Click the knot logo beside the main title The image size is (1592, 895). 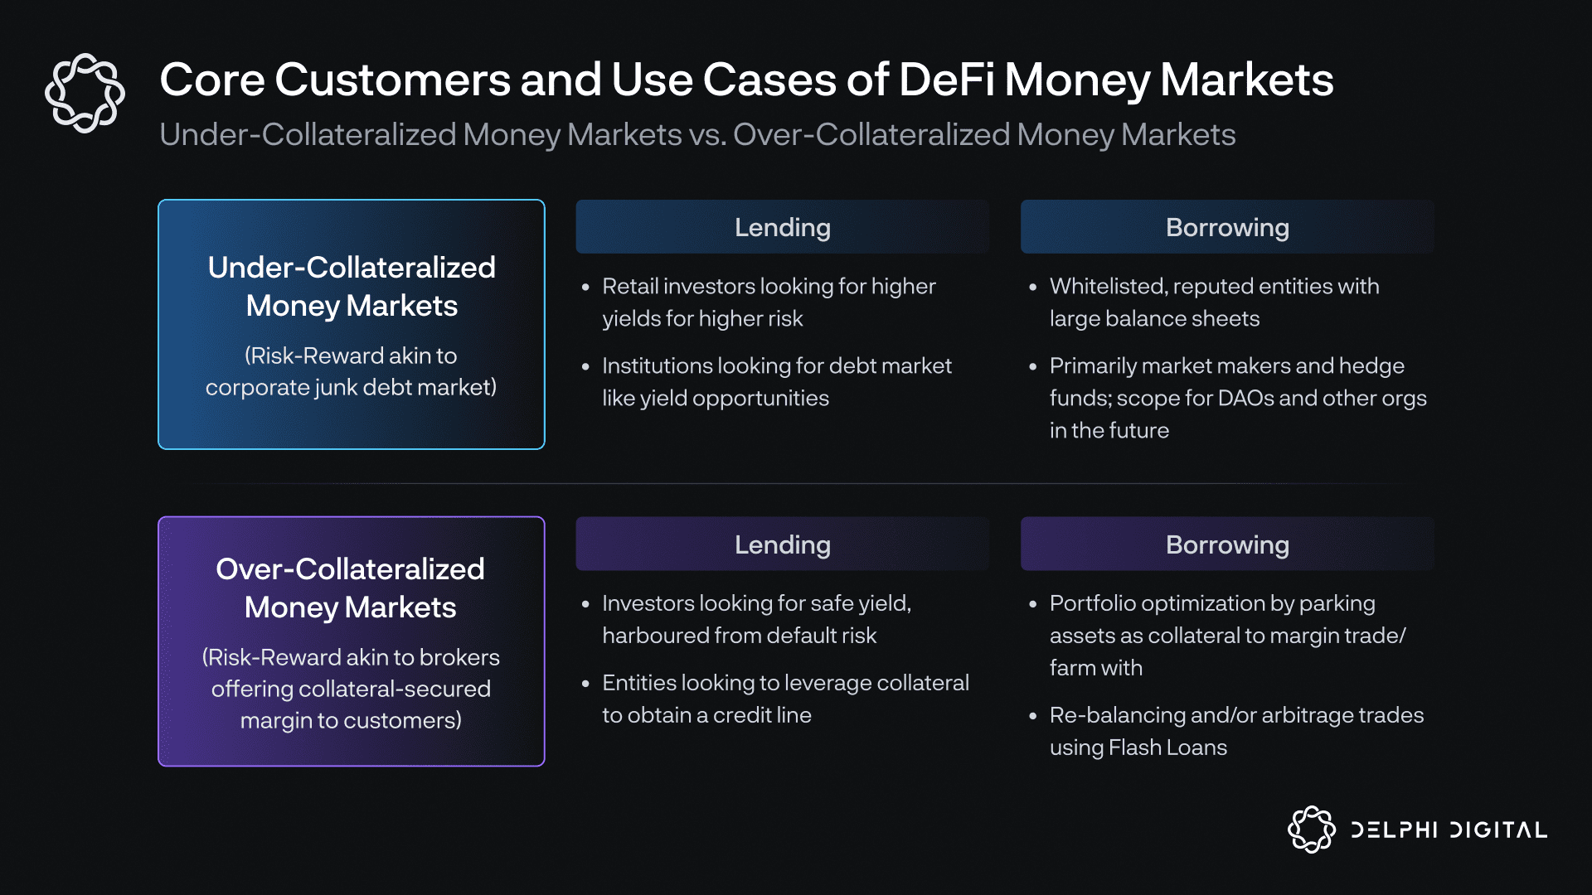85,93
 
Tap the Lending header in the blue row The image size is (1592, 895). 782,227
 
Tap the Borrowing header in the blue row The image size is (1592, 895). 1227,227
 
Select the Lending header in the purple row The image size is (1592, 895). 782,544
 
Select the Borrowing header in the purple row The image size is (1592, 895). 1227,544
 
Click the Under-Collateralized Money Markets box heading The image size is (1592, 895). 352,286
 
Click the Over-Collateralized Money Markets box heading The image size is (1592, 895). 351,588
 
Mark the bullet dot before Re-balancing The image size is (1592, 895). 1033,716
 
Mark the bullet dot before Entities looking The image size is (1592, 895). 585,684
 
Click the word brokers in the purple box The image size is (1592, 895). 459,657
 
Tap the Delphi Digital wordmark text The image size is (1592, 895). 1449,830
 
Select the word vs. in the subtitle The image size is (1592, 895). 707,135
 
